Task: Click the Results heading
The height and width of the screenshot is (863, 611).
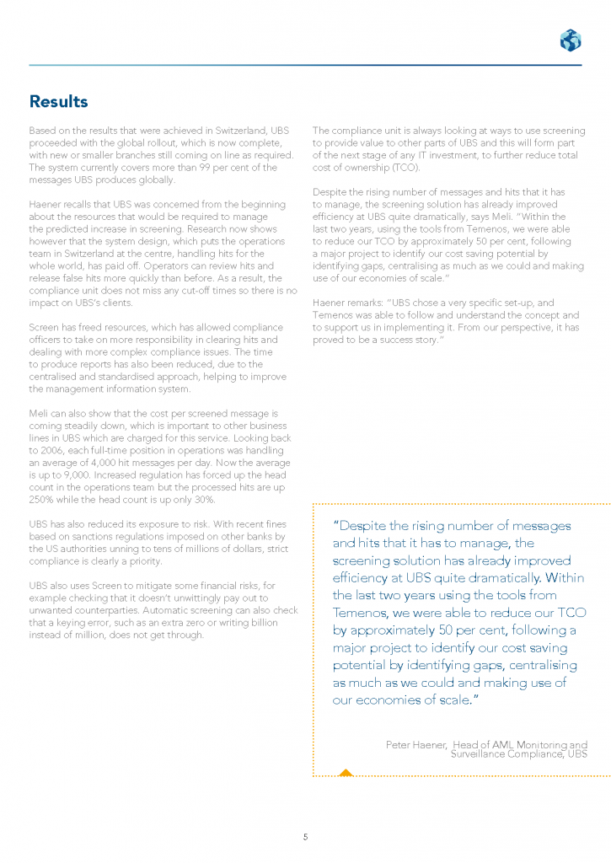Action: point(58,102)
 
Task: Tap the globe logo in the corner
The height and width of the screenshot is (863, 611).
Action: point(570,40)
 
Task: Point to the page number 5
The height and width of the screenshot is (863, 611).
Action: point(305,813)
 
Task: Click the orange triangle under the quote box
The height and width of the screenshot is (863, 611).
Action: point(345,771)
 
